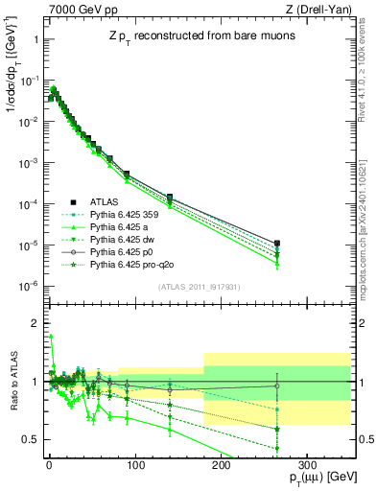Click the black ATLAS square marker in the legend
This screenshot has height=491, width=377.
pos(74,201)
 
